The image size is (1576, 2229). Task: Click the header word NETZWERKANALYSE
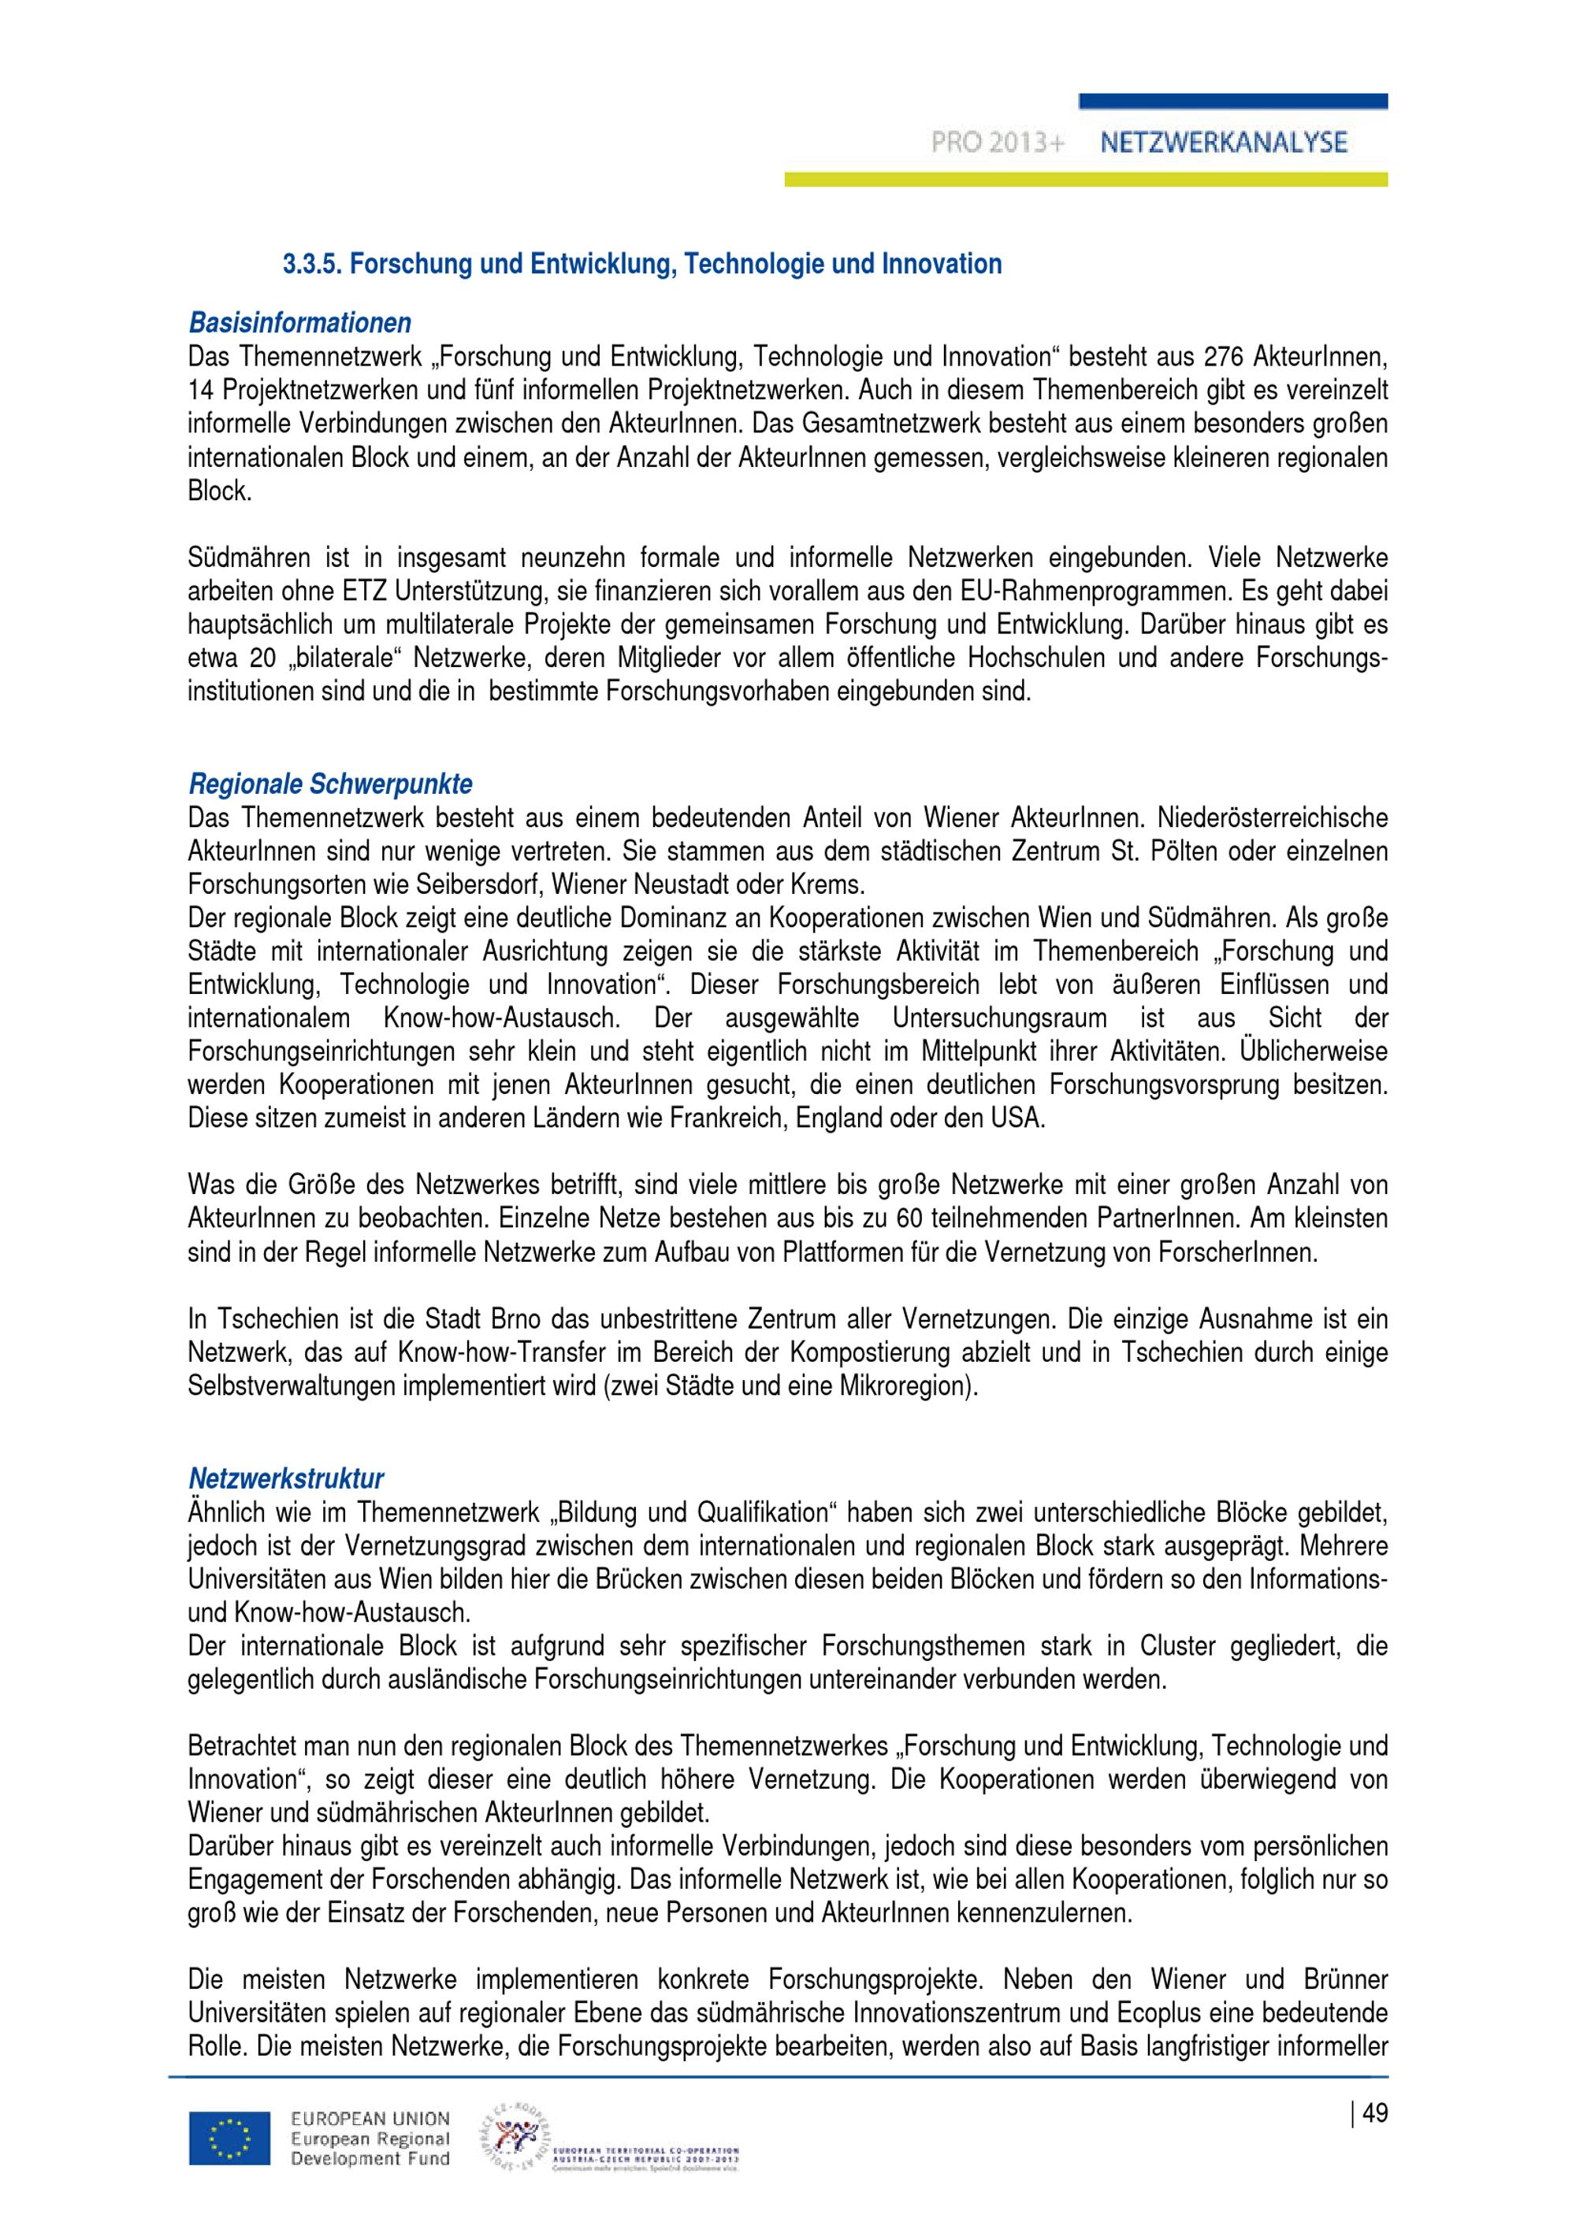(x=1224, y=143)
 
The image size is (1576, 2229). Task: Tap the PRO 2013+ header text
(x=998, y=143)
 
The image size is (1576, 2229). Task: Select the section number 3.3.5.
(x=312, y=264)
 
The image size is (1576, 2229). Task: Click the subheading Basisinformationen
(x=300, y=322)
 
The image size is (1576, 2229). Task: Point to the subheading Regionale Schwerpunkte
(x=331, y=784)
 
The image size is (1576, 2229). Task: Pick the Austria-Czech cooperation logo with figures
(x=514, y=2141)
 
